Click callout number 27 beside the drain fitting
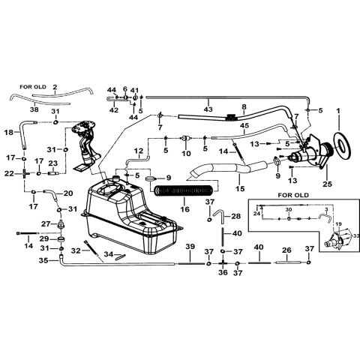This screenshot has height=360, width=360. (45, 223)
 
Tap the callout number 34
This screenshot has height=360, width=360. (108, 254)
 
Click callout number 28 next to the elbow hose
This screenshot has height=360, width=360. (237, 216)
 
